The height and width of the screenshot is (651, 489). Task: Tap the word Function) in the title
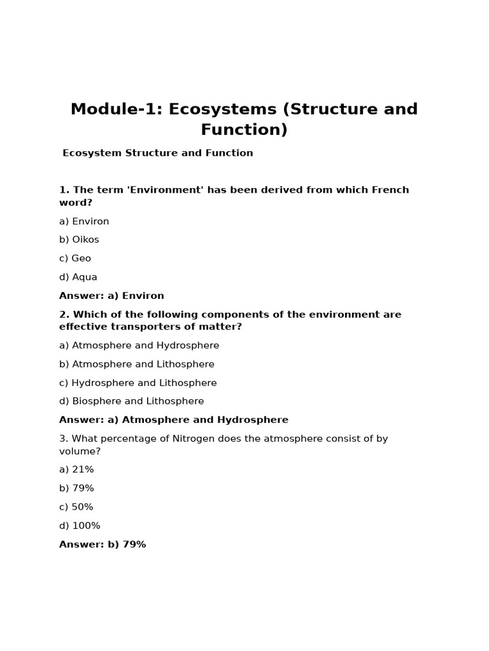point(244,130)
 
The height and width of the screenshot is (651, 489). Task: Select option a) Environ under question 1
point(84,221)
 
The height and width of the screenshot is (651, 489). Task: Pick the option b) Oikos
point(79,240)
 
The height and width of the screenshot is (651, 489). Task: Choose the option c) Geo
point(75,258)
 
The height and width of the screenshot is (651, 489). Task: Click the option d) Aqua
point(78,277)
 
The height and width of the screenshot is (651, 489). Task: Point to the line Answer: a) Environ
point(111,296)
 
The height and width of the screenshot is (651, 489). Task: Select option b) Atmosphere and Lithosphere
point(137,364)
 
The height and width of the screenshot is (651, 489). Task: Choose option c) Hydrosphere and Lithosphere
point(138,383)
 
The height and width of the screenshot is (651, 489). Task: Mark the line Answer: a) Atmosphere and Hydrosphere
point(174,420)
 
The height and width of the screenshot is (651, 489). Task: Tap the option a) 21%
point(76,469)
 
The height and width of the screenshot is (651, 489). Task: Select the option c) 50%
point(76,507)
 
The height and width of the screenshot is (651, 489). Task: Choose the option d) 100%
point(80,526)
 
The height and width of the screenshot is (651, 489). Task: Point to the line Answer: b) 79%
point(103,544)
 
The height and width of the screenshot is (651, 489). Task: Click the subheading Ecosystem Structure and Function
point(158,153)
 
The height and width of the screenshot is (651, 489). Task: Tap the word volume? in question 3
point(80,451)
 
